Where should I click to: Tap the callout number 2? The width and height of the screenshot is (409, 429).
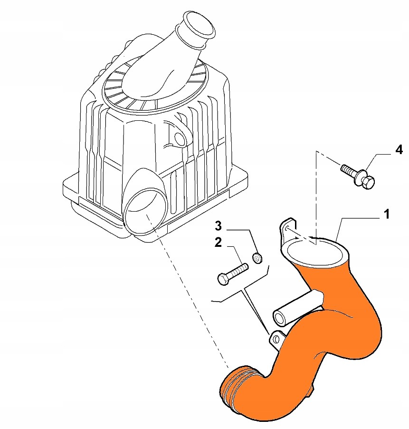(x=218, y=243)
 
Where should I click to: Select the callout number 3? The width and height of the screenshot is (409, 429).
(x=218, y=226)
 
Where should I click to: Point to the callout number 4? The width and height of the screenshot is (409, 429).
(x=399, y=150)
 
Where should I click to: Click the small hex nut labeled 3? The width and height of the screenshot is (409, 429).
(x=257, y=258)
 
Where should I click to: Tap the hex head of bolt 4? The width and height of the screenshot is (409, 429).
(x=368, y=182)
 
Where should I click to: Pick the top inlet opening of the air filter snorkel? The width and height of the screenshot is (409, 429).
(x=199, y=25)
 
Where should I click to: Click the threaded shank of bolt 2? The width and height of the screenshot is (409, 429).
(x=237, y=270)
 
